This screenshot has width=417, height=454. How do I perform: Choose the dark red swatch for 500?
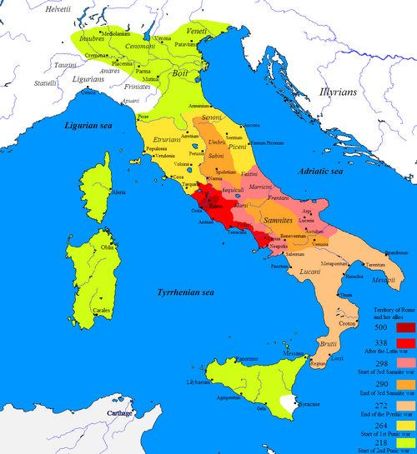(x=402, y=327)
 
